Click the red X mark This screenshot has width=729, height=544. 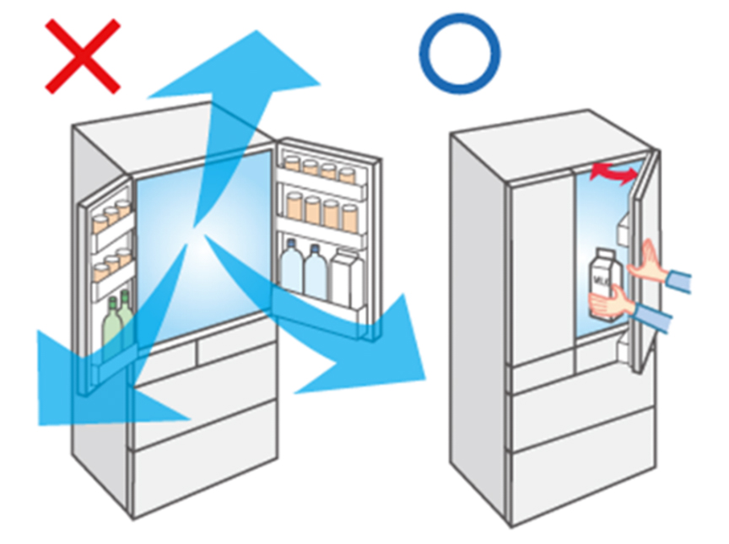click(83, 58)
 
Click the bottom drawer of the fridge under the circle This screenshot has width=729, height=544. click(582, 468)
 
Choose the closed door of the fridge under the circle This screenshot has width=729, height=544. click(541, 270)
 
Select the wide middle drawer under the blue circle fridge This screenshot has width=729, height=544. click(582, 413)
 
